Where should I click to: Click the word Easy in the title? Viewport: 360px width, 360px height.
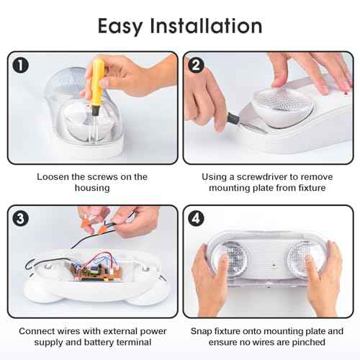[x=120, y=26]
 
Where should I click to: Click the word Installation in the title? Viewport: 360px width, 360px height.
[x=206, y=25]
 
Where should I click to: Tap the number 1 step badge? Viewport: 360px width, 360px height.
[x=21, y=66]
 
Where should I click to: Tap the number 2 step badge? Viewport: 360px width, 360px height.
[x=196, y=65]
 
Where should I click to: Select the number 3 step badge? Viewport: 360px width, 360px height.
[x=21, y=219]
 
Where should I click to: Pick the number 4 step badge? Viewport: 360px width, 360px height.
[x=196, y=219]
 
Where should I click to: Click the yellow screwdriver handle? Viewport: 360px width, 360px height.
[x=98, y=83]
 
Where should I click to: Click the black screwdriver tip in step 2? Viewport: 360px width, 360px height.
[x=233, y=119]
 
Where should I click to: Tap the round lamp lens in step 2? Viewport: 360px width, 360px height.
[x=283, y=106]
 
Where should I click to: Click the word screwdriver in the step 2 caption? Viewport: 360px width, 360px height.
[x=261, y=177]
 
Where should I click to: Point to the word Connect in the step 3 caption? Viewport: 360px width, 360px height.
[x=36, y=331]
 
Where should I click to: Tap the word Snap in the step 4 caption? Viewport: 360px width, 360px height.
[x=202, y=331]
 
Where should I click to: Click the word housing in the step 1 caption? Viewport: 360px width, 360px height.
[x=92, y=188]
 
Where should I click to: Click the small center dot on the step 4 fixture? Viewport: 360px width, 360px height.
[x=274, y=265]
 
